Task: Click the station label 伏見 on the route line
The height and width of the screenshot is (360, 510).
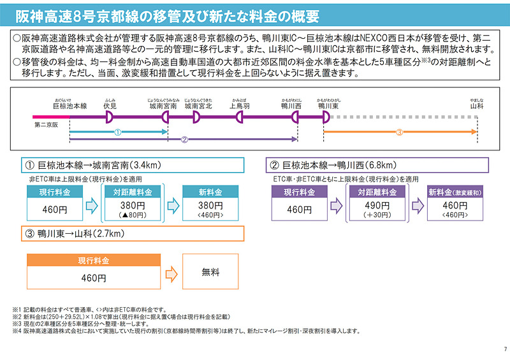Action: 110,106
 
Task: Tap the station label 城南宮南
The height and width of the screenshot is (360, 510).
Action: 163,106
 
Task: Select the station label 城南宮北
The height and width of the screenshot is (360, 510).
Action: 198,106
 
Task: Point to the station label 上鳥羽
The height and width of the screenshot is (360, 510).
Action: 240,106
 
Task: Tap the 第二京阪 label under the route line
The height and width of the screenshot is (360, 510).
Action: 46,126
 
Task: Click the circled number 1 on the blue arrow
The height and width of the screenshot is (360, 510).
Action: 117,133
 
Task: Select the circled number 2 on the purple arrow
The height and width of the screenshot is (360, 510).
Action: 184,140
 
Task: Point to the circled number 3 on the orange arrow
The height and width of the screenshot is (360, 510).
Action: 400,133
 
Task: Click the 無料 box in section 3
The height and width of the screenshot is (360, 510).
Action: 210,272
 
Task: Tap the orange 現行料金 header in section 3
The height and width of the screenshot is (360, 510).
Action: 94,261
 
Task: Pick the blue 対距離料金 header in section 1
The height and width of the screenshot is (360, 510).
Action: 133,192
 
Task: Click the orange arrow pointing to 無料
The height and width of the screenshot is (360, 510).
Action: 171,272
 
